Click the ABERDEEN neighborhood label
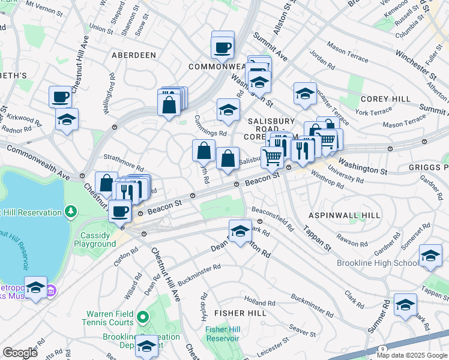pyautogui.click(x=133, y=55)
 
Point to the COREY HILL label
pyautogui.click(x=385, y=99)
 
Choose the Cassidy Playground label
pyautogui.click(x=95, y=239)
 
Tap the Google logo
pyautogui.click(x=20, y=352)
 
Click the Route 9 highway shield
pyautogui.click(x=383, y=349)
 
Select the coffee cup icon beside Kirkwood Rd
pyautogui.click(x=61, y=97)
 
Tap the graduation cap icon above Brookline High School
pyautogui.click(x=430, y=255)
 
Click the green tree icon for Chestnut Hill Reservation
pyautogui.click(x=71, y=212)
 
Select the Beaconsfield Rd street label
pyautogui.click(x=273, y=219)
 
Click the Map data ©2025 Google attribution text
pyautogui.click(x=412, y=355)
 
